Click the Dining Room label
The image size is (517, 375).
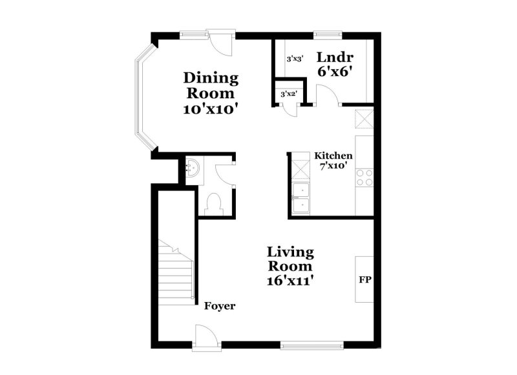click(x=211, y=86)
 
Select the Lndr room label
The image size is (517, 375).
click(x=333, y=57)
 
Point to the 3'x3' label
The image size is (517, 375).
click(x=295, y=59)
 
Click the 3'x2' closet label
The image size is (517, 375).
click(x=288, y=94)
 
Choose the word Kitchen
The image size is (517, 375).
click(x=333, y=156)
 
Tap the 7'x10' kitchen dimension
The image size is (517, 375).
click(x=333, y=165)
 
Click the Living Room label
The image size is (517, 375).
click(x=291, y=258)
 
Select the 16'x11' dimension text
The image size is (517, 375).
click(x=291, y=281)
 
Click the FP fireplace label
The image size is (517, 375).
click(x=364, y=281)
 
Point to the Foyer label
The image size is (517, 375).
click(x=220, y=306)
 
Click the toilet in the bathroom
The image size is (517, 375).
click(x=213, y=204)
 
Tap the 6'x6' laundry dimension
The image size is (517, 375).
click(x=333, y=72)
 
